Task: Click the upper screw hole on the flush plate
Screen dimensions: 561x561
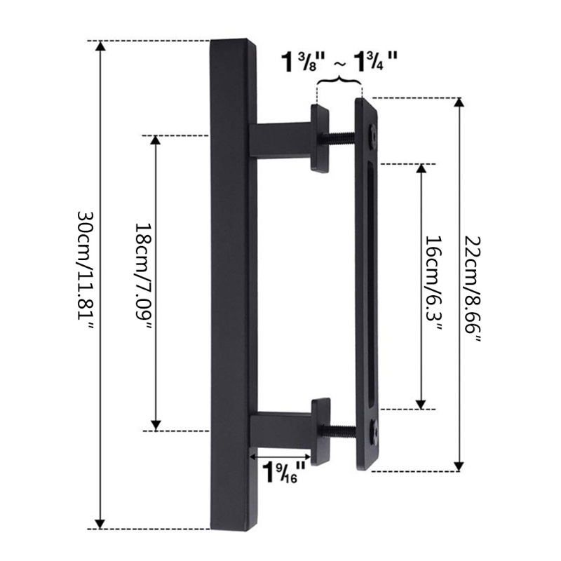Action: tap(373, 132)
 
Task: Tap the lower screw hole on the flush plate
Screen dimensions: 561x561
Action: tap(373, 426)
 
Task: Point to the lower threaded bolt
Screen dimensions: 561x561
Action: tap(342, 430)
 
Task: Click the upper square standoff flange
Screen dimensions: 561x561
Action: tap(321, 137)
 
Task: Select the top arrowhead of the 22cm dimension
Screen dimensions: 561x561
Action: tap(459, 104)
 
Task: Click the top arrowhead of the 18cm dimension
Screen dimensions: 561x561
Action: tap(156, 140)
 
